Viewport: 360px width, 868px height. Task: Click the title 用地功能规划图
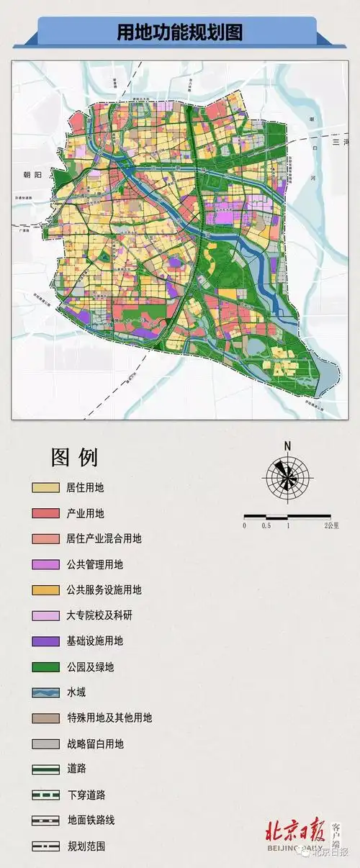click(x=180, y=32)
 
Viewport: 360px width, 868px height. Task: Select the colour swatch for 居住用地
click(x=45, y=488)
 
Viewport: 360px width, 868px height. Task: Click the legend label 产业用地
click(x=85, y=513)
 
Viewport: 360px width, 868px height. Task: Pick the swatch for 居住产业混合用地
click(x=45, y=539)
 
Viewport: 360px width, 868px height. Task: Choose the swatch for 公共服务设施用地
click(x=45, y=590)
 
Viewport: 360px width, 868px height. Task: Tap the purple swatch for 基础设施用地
click(x=45, y=641)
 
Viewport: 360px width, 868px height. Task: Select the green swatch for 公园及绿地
click(x=45, y=667)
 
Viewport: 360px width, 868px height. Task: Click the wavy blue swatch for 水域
click(x=45, y=692)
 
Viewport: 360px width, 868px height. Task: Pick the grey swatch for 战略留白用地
click(x=45, y=743)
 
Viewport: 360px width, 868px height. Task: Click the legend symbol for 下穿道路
click(x=45, y=795)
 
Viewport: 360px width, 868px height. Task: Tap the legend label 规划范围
click(x=85, y=846)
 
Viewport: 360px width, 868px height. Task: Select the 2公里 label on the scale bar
click(x=331, y=526)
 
